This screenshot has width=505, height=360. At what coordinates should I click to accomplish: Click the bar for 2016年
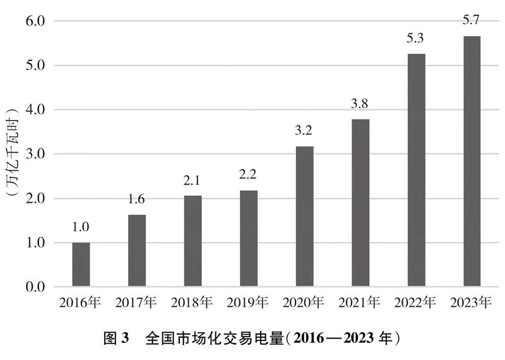click(81, 265)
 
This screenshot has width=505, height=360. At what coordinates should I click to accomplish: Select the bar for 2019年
click(249, 239)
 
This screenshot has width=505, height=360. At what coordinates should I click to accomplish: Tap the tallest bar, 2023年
click(472, 162)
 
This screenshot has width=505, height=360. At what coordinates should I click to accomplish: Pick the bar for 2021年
click(360, 203)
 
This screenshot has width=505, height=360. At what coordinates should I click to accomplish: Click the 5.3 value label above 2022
click(416, 39)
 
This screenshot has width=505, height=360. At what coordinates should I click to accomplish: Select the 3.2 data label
click(304, 131)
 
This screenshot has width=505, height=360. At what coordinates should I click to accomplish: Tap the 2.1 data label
click(193, 181)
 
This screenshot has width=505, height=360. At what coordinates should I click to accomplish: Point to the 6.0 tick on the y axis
click(35, 21)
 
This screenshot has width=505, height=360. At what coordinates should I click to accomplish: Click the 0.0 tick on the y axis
click(35, 287)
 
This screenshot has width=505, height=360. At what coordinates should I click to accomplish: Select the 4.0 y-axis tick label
click(35, 110)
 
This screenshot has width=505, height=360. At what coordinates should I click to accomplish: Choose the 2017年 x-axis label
click(136, 302)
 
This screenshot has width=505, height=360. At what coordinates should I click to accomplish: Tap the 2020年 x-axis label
click(304, 302)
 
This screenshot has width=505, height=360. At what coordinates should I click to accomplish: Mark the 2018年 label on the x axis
click(192, 302)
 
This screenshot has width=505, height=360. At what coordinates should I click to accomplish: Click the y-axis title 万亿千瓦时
click(11, 154)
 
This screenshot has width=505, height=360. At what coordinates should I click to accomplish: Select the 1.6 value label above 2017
click(137, 200)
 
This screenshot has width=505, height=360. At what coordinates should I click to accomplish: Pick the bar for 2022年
click(416, 171)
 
